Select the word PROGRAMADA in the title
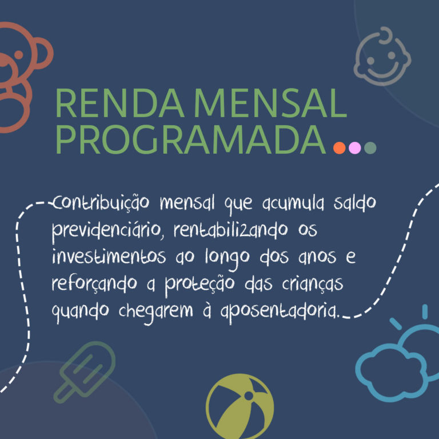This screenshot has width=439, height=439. pyautogui.click(x=191, y=139)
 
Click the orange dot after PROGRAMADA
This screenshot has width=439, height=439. pyautogui.click(x=340, y=147)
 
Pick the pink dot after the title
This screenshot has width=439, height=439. pyautogui.click(x=355, y=147)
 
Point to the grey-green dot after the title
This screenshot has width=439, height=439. pyautogui.click(x=370, y=147)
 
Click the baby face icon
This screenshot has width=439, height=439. pyautogui.click(x=382, y=56)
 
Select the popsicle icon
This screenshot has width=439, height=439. pyautogui.click(x=85, y=372)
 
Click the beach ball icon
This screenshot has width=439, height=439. pyautogui.click(x=240, y=406)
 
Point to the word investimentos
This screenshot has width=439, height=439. pyautogui.click(x=109, y=256)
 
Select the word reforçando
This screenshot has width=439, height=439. pyautogui.click(x=94, y=284)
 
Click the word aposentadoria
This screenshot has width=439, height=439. pyautogui.click(x=280, y=312)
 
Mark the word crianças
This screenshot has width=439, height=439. pyautogui.click(x=313, y=284)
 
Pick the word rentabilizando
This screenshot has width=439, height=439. pyautogui.click(x=231, y=230)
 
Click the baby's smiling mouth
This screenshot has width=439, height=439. pyautogui.click(x=383, y=70)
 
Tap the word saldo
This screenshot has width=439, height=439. pyautogui.click(x=354, y=203)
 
